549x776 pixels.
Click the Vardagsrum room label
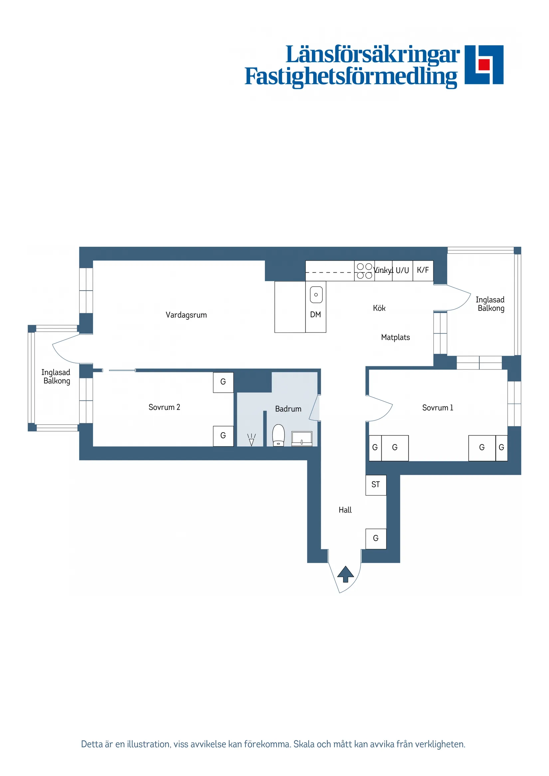click(186, 315)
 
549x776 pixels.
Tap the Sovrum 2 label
click(164, 407)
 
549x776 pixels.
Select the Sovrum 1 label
click(438, 408)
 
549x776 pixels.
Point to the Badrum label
click(288, 409)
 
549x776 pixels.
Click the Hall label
click(345, 510)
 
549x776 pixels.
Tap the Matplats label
click(395, 337)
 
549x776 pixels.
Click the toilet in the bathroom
click(278, 435)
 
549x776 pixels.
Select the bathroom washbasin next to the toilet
click(302, 439)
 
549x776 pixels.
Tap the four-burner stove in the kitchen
click(364, 271)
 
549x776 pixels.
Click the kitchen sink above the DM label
click(316, 295)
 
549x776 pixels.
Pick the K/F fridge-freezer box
click(423, 271)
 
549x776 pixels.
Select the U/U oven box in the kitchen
click(403, 271)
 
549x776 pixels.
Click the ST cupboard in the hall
click(376, 485)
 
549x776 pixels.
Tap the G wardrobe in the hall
click(376, 539)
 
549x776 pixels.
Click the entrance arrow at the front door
click(345, 574)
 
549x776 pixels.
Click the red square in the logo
click(484, 65)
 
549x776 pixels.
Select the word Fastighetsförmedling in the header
click(351, 77)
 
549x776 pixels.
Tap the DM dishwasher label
click(315, 315)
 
